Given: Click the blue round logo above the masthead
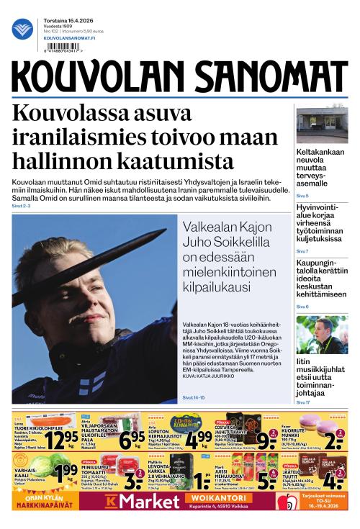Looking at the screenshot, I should [x=23, y=30].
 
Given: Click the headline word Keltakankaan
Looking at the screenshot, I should [x=320, y=152].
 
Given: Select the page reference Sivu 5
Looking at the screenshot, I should [x=302, y=196].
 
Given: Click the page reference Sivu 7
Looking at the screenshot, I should [x=302, y=251].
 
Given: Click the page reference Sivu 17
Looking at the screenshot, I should [x=303, y=402].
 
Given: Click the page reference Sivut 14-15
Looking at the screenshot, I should [x=194, y=397].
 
